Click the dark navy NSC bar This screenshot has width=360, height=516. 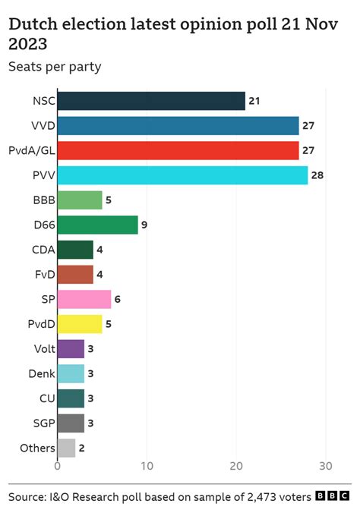(x=151, y=101)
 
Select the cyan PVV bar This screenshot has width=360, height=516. (x=182, y=175)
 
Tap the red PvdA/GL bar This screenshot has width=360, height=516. (x=178, y=150)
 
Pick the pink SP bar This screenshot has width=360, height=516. (x=84, y=300)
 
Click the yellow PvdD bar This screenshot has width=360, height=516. (x=80, y=324)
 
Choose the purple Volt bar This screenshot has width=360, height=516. (x=71, y=349)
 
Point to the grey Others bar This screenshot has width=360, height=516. (x=66, y=448)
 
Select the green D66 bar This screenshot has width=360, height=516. (x=97, y=225)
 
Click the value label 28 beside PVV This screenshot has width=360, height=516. (x=318, y=176)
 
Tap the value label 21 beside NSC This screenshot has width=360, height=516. (x=255, y=101)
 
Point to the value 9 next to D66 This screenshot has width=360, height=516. (x=144, y=225)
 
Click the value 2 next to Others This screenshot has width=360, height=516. (x=81, y=448)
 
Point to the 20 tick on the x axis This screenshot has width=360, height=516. (x=236, y=465)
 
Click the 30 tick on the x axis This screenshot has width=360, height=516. (x=326, y=465)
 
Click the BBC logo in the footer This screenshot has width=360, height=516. (x=332, y=496)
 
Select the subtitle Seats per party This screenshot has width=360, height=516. (x=55, y=66)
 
